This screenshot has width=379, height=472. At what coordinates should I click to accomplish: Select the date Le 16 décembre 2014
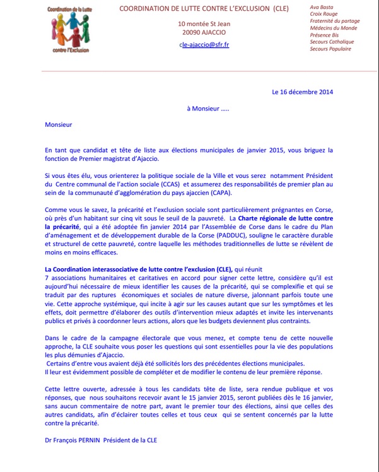pos(303,92)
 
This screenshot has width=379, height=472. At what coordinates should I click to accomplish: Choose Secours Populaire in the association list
pos(331,49)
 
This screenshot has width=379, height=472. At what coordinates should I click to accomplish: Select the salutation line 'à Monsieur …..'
pos(213,109)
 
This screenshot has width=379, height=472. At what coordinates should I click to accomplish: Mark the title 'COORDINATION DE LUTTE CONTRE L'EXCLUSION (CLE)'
pos(204,8)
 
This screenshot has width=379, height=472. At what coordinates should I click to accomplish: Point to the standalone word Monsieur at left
pos(59,124)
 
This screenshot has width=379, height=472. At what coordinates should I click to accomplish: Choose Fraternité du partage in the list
pos(335,21)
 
